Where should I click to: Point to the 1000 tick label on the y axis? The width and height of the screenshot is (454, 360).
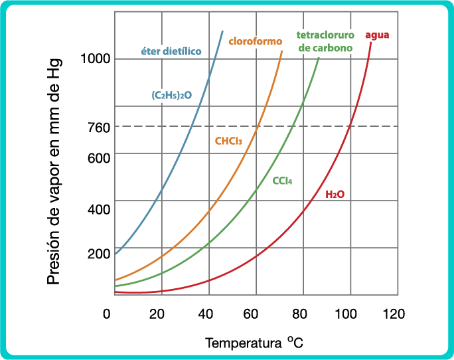pyautogui.click(x=95, y=59)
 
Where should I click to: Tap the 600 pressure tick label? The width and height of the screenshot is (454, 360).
pyautogui.click(x=98, y=159)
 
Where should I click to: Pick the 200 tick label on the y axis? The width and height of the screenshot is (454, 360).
pyautogui.click(x=98, y=253)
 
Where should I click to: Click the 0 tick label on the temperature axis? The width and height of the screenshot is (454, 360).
pyautogui.click(x=107, y=314)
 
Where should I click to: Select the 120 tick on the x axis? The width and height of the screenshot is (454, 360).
pyautogui.click(x=394, y=314)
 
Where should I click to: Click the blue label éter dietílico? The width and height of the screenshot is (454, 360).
pyautogui.click(x=171, y=51)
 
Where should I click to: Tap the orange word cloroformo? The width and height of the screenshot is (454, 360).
pyautogui.click(x=256, y=41)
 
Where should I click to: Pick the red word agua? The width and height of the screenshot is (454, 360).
pyautogui.click(x=378, y=35)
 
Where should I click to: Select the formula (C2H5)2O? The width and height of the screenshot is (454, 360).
pyautogui.click(x=172, y=95)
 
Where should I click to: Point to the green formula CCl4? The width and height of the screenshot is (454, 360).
pyautogui.click(x=283, y=181)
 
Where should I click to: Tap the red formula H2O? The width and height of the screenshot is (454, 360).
pyautogui.click(x=335, y=195)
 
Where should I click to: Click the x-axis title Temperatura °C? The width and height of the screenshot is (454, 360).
pyautogui.click(x=254, y=343)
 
